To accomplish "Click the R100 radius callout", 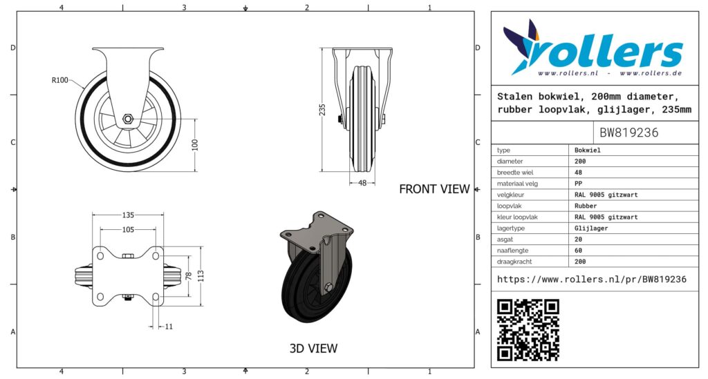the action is (59, 80).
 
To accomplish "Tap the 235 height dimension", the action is (322, 110).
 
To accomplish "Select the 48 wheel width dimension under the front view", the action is (362, 183).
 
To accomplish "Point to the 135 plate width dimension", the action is (128, 215).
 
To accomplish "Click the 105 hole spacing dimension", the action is (128, 229).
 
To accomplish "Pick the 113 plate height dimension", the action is (201, 276).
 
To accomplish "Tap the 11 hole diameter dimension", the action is (169, 327).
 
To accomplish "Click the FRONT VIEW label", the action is (434, 189).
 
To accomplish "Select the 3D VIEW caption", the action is (313, 348).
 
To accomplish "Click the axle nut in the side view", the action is (128, 119).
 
